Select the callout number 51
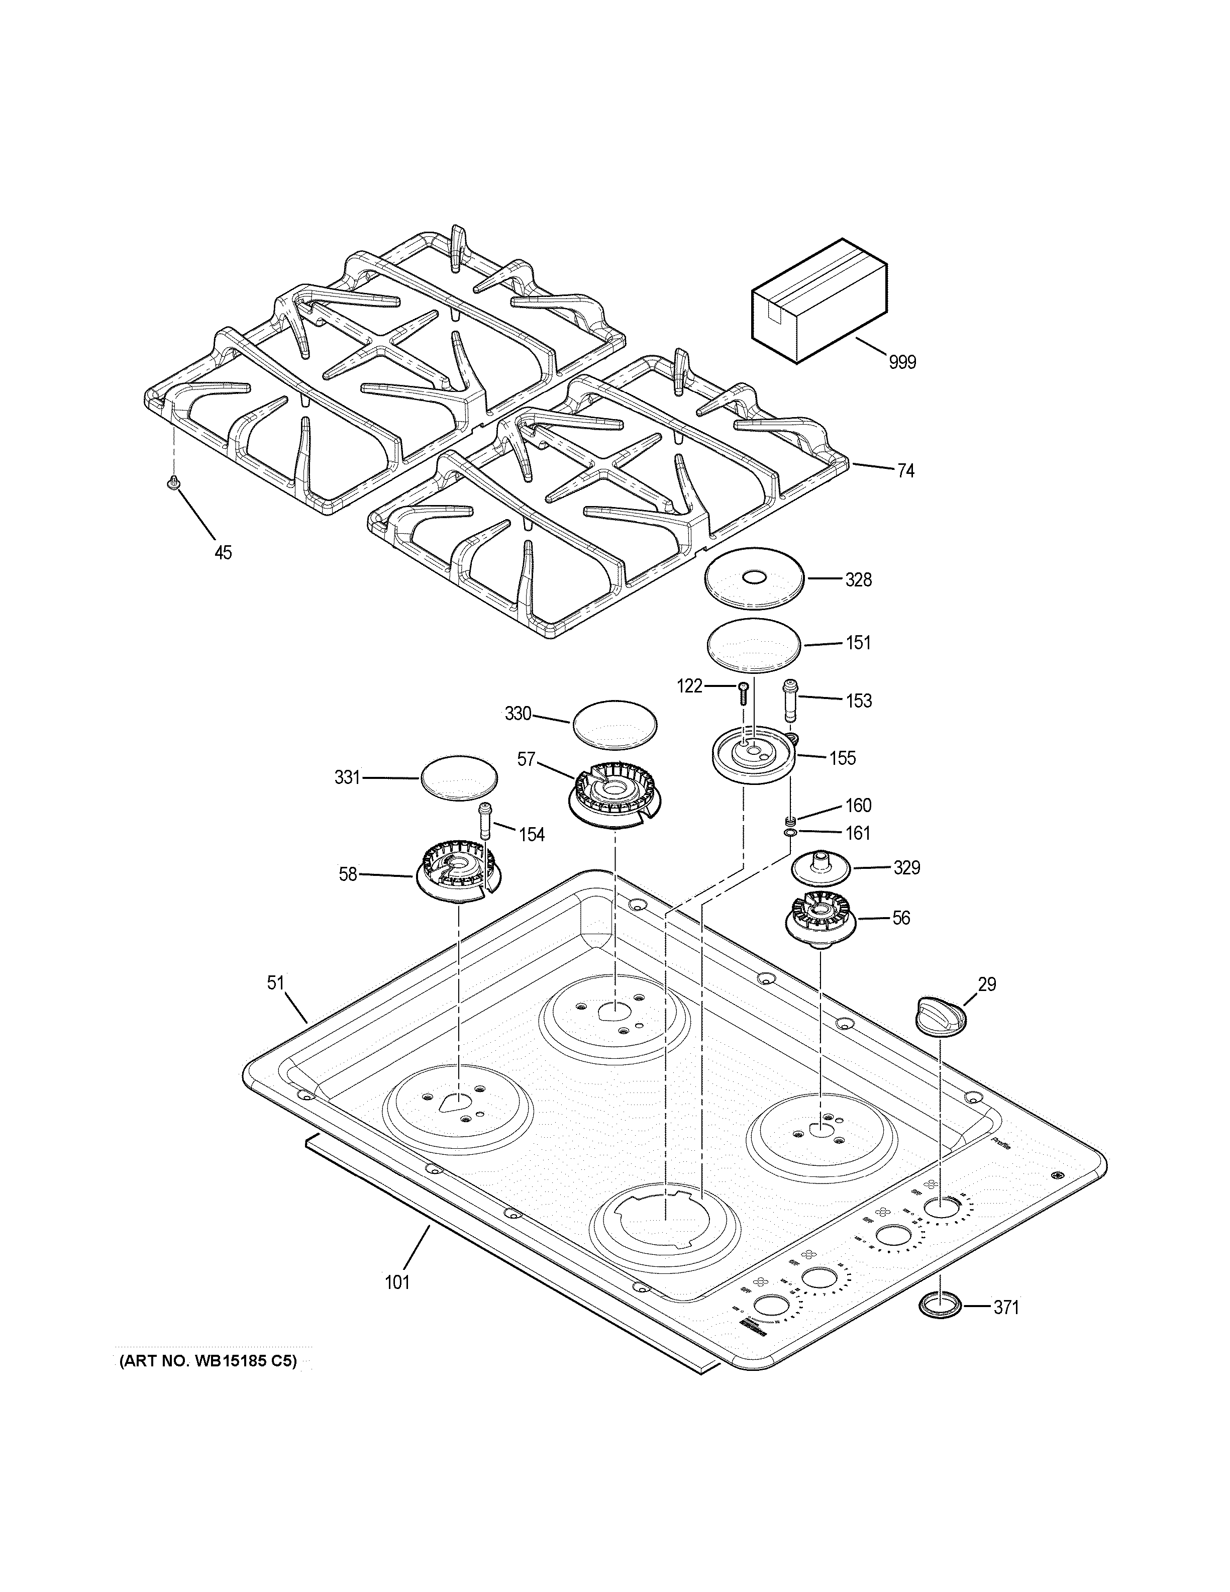275,983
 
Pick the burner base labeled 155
751,758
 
